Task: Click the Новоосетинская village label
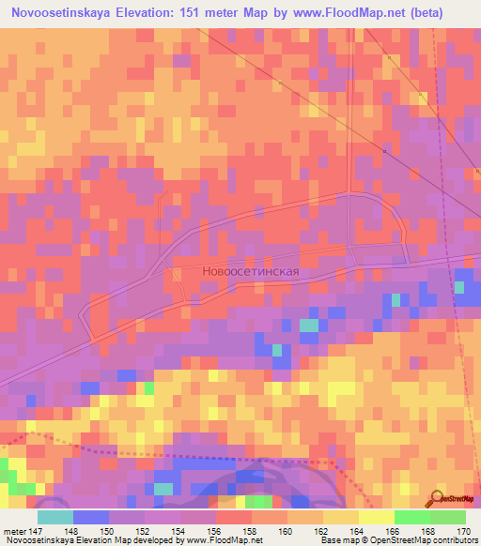click(x=250, y=271)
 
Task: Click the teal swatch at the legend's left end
click(x=54, y=516)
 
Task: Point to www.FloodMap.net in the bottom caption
click(x=225, y=540)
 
